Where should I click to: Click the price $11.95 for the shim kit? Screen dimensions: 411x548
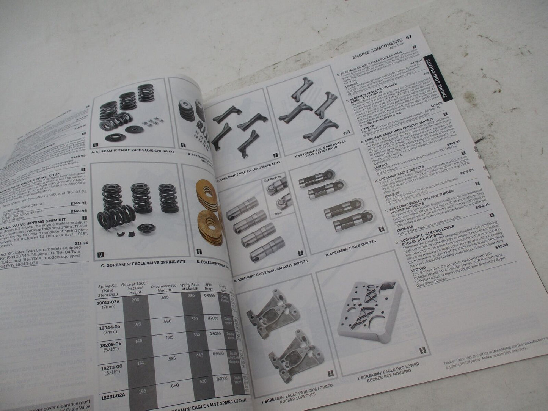coord(81,243)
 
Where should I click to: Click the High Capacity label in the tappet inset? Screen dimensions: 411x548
coord(272,181)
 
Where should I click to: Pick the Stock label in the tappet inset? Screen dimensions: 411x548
coord(278,213)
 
